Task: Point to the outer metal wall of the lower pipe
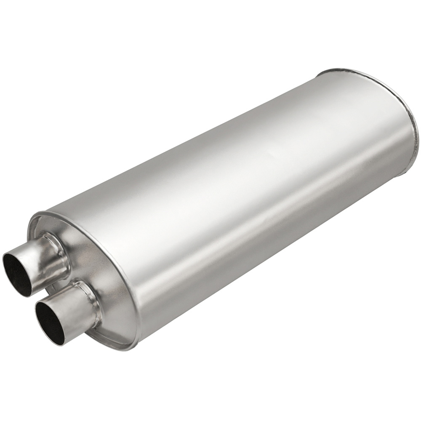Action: click(x=76, y=307)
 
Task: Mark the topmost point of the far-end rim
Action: click(x=333, y=69)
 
